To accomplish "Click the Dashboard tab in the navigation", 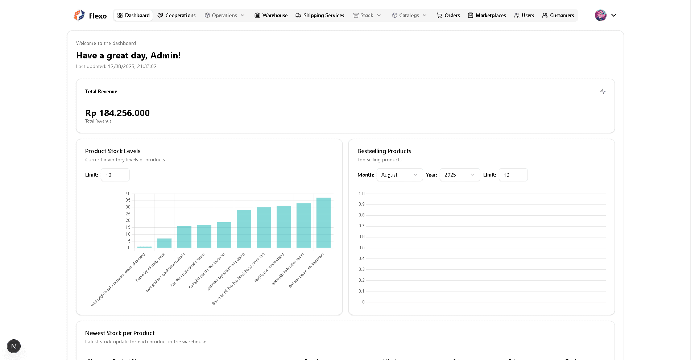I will pyautogui.click(x=133, y=15).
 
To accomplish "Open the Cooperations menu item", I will pyautogui.click(x=177, y=15).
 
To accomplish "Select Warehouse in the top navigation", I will pyautogui.click(x=271, y=15).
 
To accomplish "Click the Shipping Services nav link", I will pyautogui.click(x=320, y=15).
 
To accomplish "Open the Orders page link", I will pyautogui.click(x=448, y=15).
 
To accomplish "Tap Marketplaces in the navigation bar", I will pyautogui.click(x=487, y=15).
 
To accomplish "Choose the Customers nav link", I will pyautogui.click(x=558, y=15).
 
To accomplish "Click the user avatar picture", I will pyautogui.click(x=601, y=15).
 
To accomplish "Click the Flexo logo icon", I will pyautogui.click(x=79, y=15).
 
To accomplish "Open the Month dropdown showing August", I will pyautogui.click(x=400, y=175).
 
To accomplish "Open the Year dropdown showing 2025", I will pyautogui.click(x=460, y=175).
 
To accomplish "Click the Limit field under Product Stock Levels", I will pyautogui.click(x=115, y=175).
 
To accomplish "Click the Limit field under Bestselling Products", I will pyautogui.click(x=513, y=175).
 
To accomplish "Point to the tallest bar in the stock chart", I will pyautogui.click(x=323, y=223).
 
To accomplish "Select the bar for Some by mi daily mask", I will pyautogui.click(x=164, y=243).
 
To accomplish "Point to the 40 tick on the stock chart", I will pyautogui.click(x=128, y=194).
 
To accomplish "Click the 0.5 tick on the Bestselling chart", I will pyautogui.click(x=361, y=248).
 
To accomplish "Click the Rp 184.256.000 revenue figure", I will pyautogui.click(x=117, y=113).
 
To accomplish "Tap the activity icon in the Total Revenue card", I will pyautogui.click(x=603, y=91).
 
